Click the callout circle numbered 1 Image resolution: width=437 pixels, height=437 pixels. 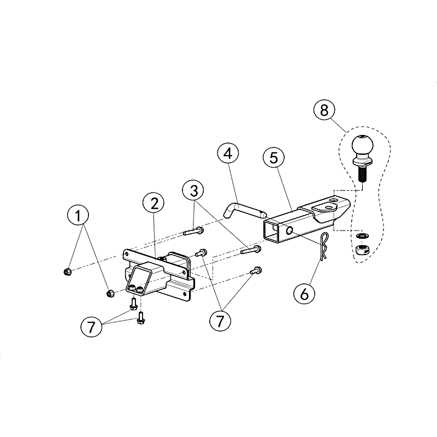point(78,215)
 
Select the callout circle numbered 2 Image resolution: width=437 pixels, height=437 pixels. point(153,203)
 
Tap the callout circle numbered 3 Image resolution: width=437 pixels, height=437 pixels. point(193,191)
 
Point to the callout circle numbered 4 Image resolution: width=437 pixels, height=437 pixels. point(228,153)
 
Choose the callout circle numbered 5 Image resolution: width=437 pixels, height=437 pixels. point(274,158)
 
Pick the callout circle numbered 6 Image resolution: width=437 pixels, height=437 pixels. point(304,293)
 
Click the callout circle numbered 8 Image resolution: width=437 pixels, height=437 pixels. point(324,110)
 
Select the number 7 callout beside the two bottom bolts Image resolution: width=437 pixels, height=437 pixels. point(91,327)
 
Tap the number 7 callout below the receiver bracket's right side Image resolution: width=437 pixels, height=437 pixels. point(220,321)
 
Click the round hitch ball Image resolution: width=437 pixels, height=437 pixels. point(362,145)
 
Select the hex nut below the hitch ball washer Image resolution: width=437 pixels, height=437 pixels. point(362,249)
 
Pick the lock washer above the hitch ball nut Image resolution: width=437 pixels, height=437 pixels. point(362,237)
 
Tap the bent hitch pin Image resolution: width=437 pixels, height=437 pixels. point(244,211)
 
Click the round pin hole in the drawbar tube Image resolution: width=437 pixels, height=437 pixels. point(290,231)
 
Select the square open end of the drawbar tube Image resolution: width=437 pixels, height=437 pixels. point(271,230)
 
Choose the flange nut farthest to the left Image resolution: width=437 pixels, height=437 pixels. point(67,271)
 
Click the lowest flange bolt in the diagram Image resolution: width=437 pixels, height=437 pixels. point(140,318)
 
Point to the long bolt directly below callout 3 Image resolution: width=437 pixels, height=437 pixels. point(193,231)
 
